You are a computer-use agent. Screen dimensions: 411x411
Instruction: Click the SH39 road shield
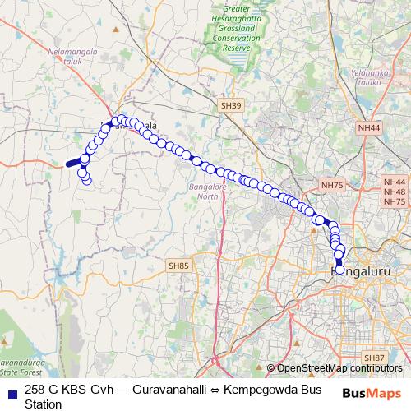[x=232, y=106]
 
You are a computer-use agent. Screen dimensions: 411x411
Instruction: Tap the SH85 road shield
[x=178, y=266]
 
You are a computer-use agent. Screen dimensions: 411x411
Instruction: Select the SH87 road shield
[x=375, y=358]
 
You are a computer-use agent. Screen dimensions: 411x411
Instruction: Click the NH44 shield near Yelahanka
[x=369, y=128]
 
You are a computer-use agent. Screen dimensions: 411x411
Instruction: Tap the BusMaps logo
[x=372, y=393]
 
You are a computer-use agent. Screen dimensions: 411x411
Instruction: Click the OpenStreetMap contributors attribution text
[x=339, y=369]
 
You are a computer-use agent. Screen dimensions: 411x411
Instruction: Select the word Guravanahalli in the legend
[x=164, y=390]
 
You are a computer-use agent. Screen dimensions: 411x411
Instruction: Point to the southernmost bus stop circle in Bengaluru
[x=339, y=270]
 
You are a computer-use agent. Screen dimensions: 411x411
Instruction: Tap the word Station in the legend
[x=44, y=404]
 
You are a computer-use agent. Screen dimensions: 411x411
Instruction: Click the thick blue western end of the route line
[x=73, y=163]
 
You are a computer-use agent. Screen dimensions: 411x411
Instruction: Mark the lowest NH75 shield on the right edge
[x=395, y=202]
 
